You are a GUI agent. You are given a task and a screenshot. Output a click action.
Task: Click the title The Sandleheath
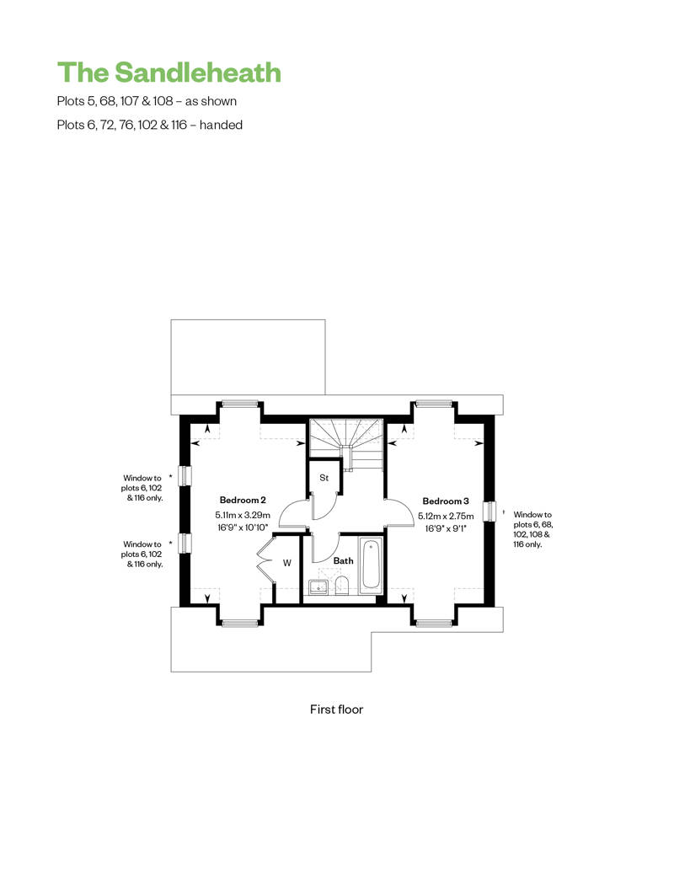(x=169, y=72)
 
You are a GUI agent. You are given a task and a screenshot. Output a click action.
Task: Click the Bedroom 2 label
(x=243, y=500)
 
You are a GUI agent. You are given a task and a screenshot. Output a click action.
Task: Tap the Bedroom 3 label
(x=446, y=501)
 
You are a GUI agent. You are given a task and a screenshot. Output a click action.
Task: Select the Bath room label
(x=344, y=560)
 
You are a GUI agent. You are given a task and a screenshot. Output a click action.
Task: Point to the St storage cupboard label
(x=324, y=478)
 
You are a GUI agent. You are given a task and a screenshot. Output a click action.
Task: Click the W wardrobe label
(x=287, y=563)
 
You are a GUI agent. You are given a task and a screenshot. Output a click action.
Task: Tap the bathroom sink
(x=318, y=586)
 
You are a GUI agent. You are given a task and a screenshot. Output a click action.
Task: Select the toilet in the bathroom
(x=342, y=586)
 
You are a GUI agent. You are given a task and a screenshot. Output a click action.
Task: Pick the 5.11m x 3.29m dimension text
(x=243, y=516)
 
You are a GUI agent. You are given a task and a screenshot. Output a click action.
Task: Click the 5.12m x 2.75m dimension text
(x=446, y=516)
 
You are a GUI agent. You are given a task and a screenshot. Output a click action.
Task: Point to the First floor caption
(x=337, y=710)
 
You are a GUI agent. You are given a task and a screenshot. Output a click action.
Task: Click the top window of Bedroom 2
(x=240, y=404)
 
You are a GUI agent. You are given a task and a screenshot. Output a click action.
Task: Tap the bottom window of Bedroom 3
(x=434, y=624)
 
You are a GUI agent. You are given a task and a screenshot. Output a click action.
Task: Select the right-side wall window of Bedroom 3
(x=489, y=511)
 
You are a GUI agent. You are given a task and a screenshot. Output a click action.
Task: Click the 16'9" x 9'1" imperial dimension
(x=445, y=528)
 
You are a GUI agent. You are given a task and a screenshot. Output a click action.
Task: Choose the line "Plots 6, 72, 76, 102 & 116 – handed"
(x=150, y=125)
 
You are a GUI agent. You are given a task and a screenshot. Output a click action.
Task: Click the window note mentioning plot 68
(x=532, y=529)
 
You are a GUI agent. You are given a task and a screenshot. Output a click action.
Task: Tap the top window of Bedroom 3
(x=434, y=404)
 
